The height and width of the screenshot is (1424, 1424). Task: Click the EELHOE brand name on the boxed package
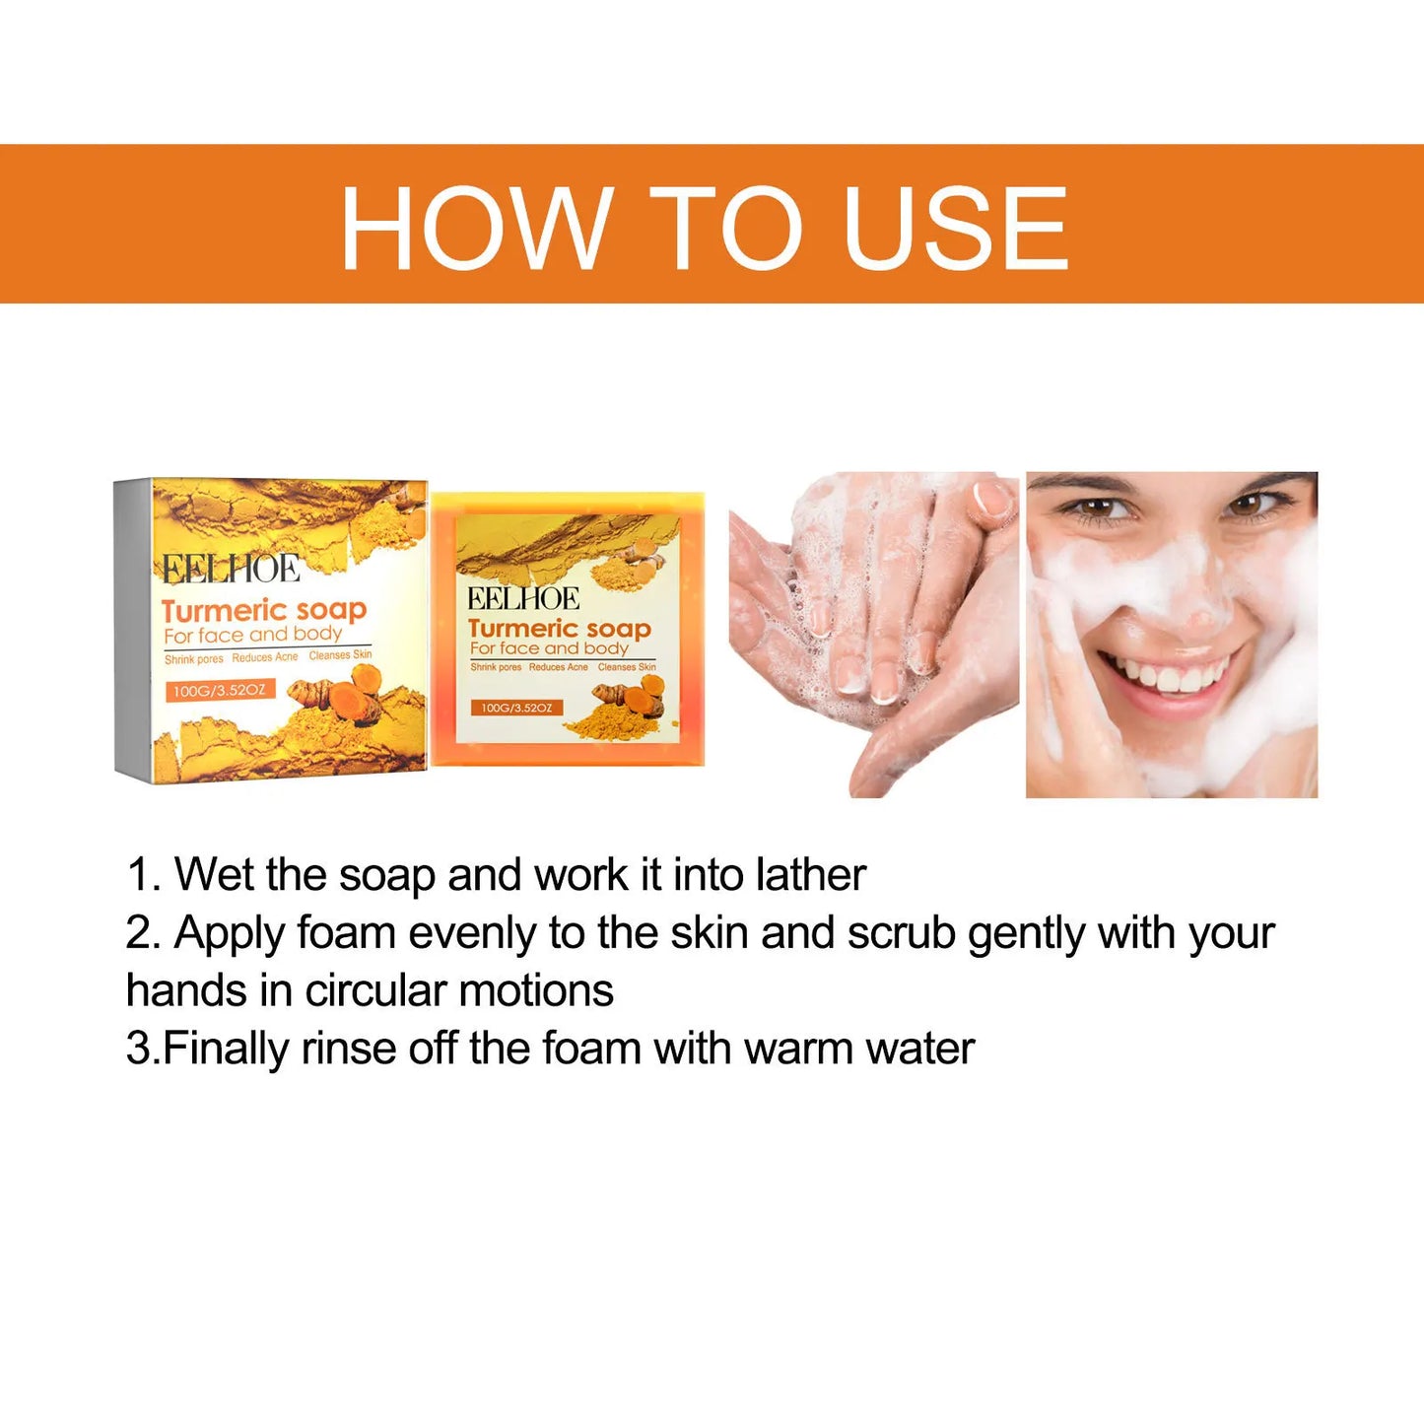(x=232, y=570)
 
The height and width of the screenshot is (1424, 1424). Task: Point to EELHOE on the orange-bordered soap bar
(x=522, y=598)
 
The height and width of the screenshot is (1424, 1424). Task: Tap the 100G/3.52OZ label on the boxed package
(x=219, y=690)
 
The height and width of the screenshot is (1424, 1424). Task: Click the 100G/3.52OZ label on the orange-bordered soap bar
(x=516, y=708)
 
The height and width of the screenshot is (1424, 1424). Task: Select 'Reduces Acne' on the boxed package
(x=265, y=657)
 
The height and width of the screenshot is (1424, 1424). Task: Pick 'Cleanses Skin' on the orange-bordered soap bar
(x=627, y=667)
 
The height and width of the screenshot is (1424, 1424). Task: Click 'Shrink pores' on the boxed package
(x=193, y=659)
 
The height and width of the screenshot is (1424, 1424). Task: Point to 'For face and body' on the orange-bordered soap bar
(x=549, y=648)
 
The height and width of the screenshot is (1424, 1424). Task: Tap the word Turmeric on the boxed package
(x=224, y=611)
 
